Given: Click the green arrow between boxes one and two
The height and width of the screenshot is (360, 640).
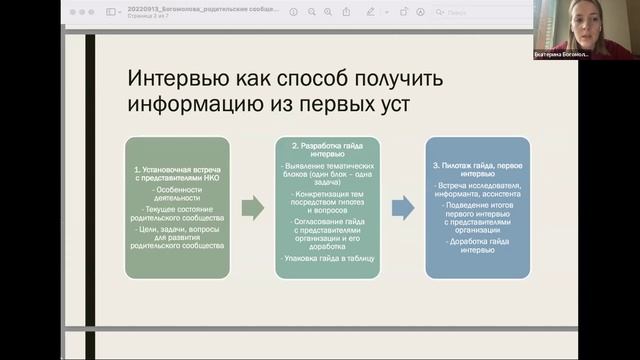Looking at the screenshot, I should tap(252, 208).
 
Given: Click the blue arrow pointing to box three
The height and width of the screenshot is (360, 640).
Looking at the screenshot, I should tap(402, 208).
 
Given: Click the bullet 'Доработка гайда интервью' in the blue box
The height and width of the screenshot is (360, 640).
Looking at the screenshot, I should tap(476, 246).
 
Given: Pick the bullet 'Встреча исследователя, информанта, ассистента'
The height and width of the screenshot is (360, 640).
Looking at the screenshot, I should tap(476, 190).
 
